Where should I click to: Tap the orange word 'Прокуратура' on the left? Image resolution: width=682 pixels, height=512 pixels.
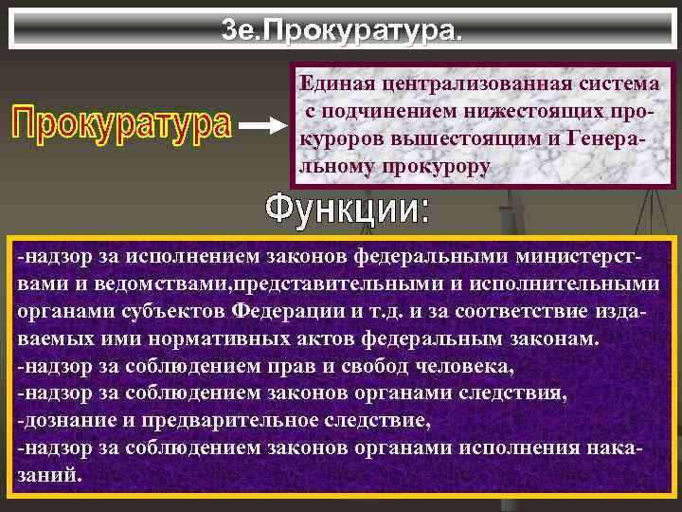pyautogui.click(x=120, y=124)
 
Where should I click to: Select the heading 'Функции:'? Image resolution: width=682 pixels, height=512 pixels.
pyautogui.click(x=346, y=208)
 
